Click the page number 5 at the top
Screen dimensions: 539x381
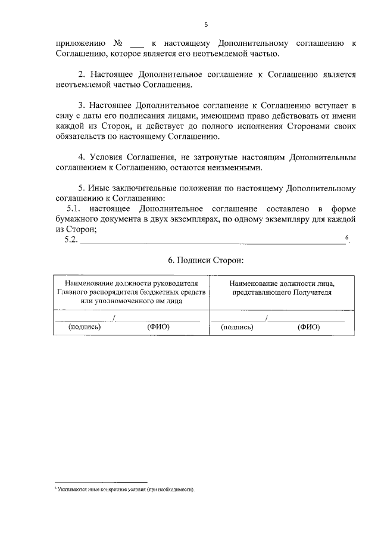[205, 25]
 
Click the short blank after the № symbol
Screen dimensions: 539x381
[136, 45]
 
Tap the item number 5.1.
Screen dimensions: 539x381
[73, 208]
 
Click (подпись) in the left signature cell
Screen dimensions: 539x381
[85, 327]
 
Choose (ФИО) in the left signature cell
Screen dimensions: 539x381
[158, 327]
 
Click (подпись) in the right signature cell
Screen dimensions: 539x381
[237, 327]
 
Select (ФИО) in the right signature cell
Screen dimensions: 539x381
[308, 327]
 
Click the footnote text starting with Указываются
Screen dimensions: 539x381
[126, 488]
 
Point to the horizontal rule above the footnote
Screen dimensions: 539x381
[101, 482]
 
